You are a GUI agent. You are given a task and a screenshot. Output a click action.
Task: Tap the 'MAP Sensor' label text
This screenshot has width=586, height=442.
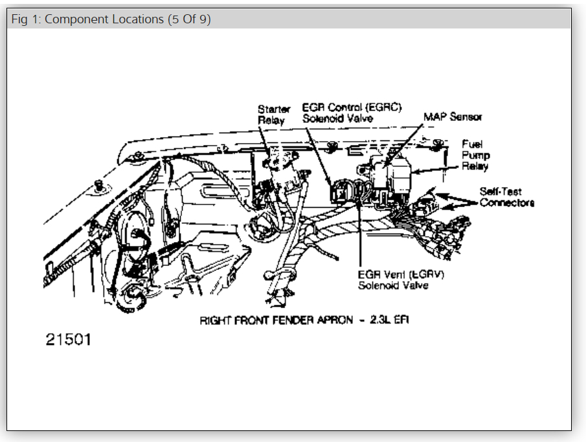click(453, 117)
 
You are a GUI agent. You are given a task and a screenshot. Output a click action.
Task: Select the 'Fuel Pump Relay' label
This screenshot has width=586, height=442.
click(475, 155)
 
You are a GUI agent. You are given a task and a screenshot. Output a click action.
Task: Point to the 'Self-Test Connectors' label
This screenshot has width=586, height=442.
click(507, 197)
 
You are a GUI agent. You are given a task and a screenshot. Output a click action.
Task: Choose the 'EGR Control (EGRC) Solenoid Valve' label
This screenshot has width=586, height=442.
click(352, 113)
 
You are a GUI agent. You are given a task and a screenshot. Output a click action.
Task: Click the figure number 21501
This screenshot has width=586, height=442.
click(68, 340)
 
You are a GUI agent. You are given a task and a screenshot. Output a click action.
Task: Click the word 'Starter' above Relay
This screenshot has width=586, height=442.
click(274, 109)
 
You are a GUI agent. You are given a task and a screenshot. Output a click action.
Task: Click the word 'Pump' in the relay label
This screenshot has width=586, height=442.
click(476, 155)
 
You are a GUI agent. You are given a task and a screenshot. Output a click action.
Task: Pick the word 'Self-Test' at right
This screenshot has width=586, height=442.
click(501, 192)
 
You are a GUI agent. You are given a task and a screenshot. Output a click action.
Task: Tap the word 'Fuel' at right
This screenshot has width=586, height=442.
click(472, 144)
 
